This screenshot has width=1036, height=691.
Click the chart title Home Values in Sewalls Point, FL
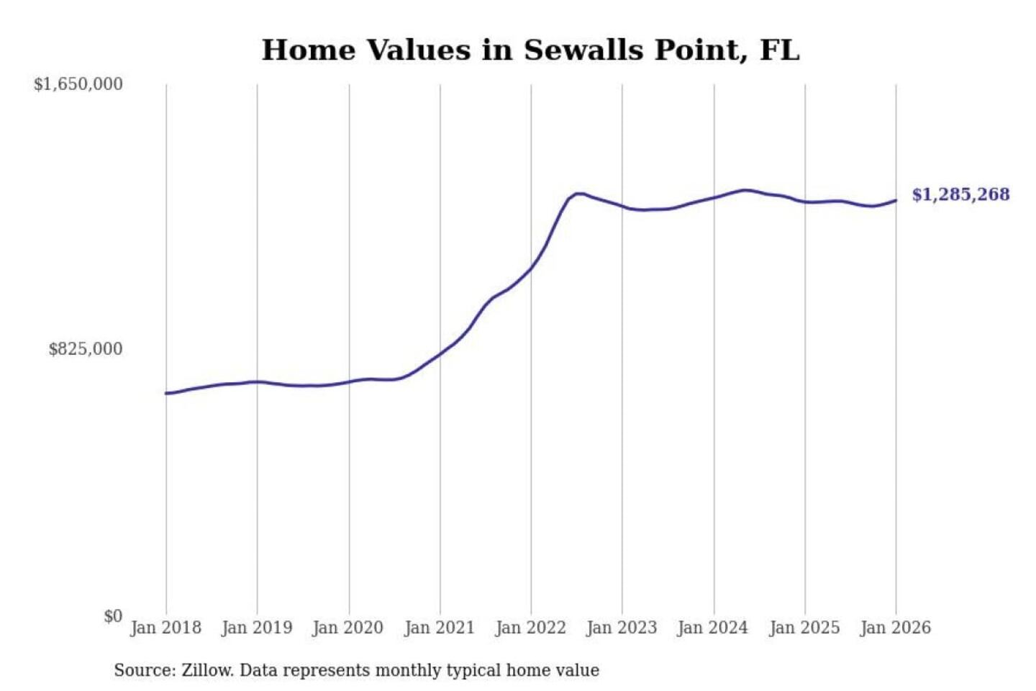[530, 50]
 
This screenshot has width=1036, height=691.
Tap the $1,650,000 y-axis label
[78, 84]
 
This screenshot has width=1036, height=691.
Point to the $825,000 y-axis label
[85, 349]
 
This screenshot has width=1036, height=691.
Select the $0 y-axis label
[112, 616]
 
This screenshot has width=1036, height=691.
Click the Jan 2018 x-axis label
[165, 628]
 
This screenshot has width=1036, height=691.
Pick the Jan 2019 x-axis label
[257, 628]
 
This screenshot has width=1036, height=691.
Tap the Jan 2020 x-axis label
[348, 628]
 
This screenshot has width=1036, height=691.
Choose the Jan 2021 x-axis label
[440, 628]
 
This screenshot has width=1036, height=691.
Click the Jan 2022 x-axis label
[531, 628]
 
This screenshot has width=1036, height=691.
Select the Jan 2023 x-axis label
[622, 628]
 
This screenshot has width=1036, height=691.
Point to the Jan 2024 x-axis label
[713, 628]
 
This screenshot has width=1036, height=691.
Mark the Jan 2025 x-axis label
[804, 628]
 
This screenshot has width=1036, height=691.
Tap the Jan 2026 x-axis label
[896, 628]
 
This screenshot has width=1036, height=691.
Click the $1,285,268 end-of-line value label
[960, 194]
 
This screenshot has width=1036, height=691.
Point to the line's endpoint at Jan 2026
[896, 200]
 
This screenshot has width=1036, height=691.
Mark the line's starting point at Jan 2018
[166, 393]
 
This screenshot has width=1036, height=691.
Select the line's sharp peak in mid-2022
[577, 194]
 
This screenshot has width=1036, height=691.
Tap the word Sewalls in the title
[584, 50]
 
